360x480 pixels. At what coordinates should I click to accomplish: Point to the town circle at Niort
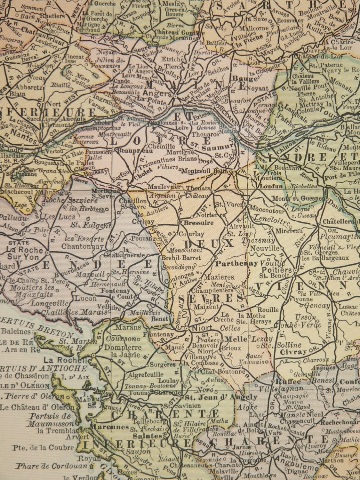(x=186, y=329)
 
